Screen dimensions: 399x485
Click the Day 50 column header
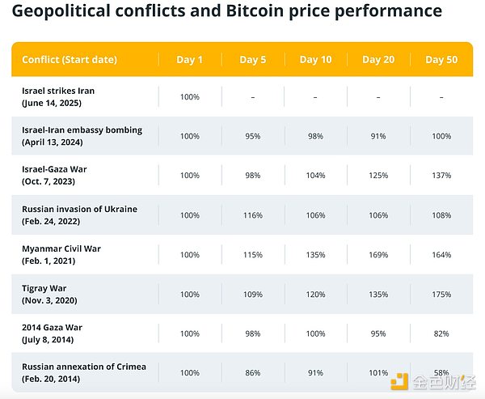(x=441, y=60)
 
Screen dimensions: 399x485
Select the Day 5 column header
(x=253, y=60)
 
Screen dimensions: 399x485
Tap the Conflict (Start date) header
(x=70, y=60)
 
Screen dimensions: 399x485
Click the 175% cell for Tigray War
(x=441, y=295)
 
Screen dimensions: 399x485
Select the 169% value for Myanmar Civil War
(x=377, y=255)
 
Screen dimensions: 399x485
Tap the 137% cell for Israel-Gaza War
(x=441, y=176)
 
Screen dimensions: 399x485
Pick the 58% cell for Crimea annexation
(x=441, y=373)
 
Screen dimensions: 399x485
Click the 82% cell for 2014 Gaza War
(x=441, y=333)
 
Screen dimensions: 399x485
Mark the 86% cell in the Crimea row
(x=253, y=373)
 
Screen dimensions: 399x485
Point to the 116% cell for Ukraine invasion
(x=253, y=215)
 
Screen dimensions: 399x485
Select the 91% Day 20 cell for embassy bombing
(x=377, y=137)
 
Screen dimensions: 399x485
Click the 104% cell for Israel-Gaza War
(x=315, y=176)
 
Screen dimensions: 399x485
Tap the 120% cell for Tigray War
(x=315, y=295)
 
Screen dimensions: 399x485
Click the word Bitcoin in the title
(x=247, y=11)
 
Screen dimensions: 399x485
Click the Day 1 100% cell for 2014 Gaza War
(x=189, y=333)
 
